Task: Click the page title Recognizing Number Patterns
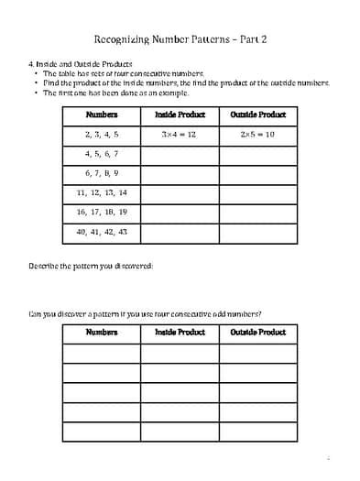[180, 40]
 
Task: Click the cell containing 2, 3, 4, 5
[102, 134]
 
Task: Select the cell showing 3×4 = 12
[180, 134]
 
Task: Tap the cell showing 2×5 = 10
[257, 134]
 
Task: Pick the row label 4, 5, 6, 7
[102, 154]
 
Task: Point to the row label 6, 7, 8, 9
[102, 173]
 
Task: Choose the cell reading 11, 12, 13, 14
[102, 192]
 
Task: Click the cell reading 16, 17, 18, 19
[102, 212]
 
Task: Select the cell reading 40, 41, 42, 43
[102, 232]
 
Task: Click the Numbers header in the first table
[102, 115]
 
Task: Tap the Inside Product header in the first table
[180, 115]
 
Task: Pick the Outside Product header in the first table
[257, 115]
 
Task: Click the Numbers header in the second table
[102, 332]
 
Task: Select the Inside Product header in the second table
[180, 332]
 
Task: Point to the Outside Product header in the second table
[257, 332]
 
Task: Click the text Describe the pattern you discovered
[91, 266]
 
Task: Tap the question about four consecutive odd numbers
[145, 313]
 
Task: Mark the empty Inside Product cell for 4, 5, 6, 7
[180, 154]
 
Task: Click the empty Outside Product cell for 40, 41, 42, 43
[257, 232]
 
